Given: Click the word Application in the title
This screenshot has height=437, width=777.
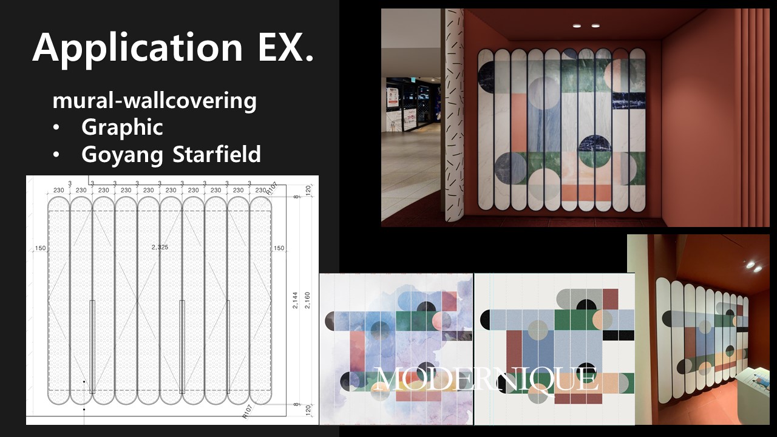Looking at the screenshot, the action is pos(137,49).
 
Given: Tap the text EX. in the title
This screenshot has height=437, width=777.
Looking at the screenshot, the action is pos(285,47).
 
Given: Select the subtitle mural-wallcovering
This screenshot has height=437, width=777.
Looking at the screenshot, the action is pos(155,101).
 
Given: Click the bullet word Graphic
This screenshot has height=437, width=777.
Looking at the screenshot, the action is pos(122,127).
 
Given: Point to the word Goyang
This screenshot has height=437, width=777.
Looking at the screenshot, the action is pos(122,155).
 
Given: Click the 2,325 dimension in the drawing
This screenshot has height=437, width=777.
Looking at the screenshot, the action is pos(160,247).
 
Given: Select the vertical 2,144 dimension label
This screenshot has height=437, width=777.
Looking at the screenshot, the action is pos(295,300).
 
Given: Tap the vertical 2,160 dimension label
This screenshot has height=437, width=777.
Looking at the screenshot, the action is pos(307,300).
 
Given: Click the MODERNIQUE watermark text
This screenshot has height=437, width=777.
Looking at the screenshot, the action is pos(486,380).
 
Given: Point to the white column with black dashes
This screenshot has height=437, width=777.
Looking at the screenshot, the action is pos(455,115).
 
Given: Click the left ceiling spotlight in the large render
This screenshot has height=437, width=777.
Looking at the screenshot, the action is pos(577,25).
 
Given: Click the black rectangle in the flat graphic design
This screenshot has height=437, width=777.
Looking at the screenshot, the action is pos(618,335).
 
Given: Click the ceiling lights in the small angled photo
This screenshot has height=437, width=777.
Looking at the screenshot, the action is pos(754,266).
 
